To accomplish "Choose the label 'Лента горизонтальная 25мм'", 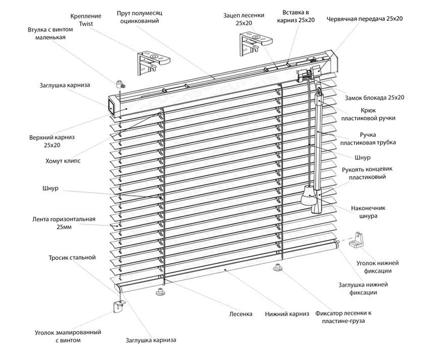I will (64, 223).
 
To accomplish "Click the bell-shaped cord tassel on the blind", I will (308, 196).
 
